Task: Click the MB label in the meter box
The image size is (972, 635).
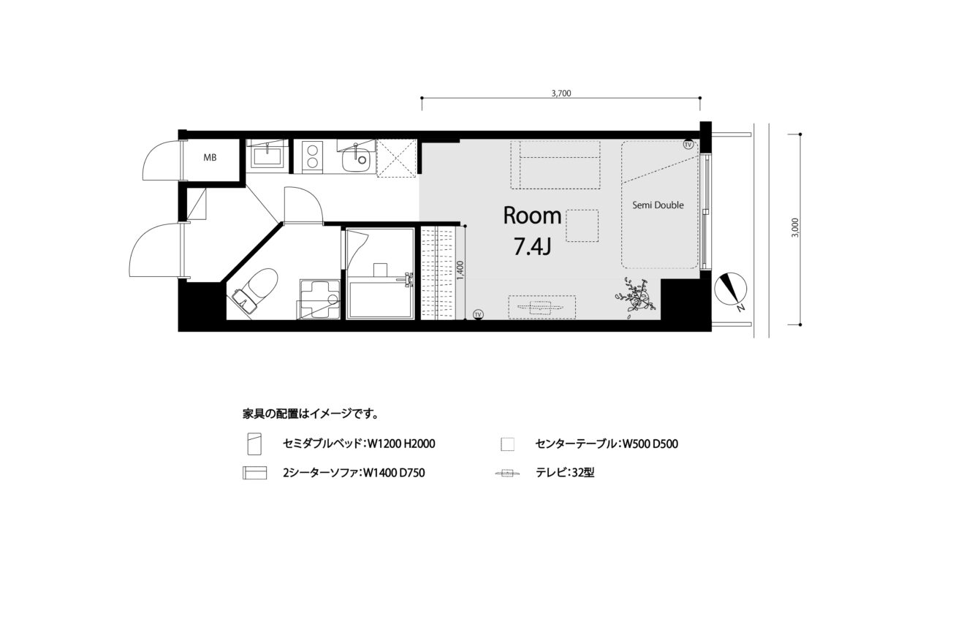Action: click(x=210, y=158)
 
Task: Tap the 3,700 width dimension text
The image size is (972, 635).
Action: click(x=561, y=94)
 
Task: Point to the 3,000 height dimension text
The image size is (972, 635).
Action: click(x=794, y=227)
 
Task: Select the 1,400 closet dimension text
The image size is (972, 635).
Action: click(x=461, y=270)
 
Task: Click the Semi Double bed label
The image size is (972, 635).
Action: click(x=658, y=205)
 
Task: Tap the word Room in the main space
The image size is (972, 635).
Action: click(x=533, y=216)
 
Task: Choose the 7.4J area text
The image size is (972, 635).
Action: click(x=533, y=247)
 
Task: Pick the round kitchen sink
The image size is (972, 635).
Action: click(x=356, y=160)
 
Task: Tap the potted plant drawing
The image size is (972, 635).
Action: click(x=634, y=297)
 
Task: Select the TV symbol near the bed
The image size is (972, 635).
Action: click(x=688, y=145)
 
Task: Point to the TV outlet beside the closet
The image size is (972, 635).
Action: click(x=478, y=314)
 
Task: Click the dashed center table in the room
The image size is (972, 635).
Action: click(x=582, y=226)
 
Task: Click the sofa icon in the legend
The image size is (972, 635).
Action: click(x=254, y=473)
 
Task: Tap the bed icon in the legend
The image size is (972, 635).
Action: click(x=254, y=444)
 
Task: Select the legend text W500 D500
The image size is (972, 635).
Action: click(x=650, y=444)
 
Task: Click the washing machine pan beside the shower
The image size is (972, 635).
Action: click(x=320, y=300)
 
